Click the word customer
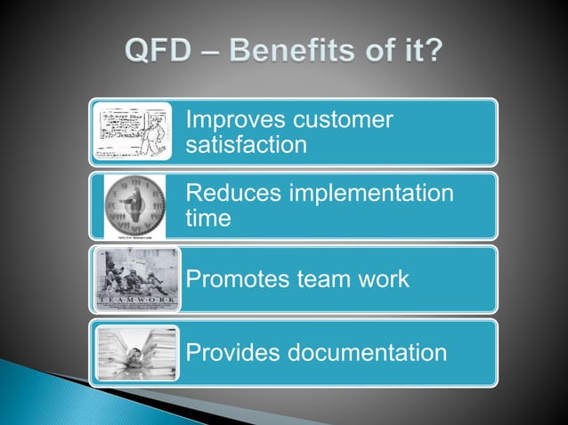[x=339, y=120]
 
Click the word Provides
[x=231, y=353]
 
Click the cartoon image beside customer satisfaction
[x=134, y=132]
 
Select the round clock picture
[x=135, y=205]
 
